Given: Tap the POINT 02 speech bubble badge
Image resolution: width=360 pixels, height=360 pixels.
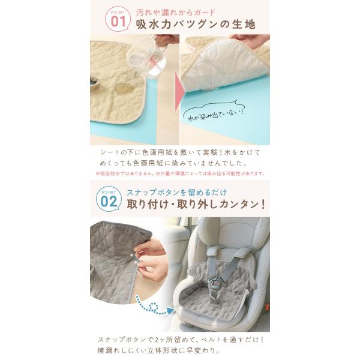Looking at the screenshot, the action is pyautogui.click(x=109, y=199).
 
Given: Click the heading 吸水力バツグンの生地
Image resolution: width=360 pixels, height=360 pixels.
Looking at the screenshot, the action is pyautogui.click(x=196, y=25).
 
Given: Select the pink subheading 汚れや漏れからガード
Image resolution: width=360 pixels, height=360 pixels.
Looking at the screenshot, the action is pyautogui.click(x=176, y=12).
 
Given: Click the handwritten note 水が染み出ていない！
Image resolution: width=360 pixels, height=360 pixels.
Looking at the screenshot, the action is pyautogui.click(x=215, y=115).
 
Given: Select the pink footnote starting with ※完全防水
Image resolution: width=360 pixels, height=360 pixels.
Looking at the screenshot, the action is pyautogui.click(x=180, y=173).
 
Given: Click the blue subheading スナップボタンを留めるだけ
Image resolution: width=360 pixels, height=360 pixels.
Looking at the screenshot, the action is pyautogui.click(x=176, y=192).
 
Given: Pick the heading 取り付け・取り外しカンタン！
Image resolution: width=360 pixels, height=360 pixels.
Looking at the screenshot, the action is pyautogui.click(x=196, y=205).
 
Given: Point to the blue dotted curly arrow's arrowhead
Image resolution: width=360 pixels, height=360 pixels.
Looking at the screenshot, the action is pyautogui.click(x=170, y=311).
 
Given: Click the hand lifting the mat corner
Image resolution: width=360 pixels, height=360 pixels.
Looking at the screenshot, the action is pyautogui.click(x=250, y=41).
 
